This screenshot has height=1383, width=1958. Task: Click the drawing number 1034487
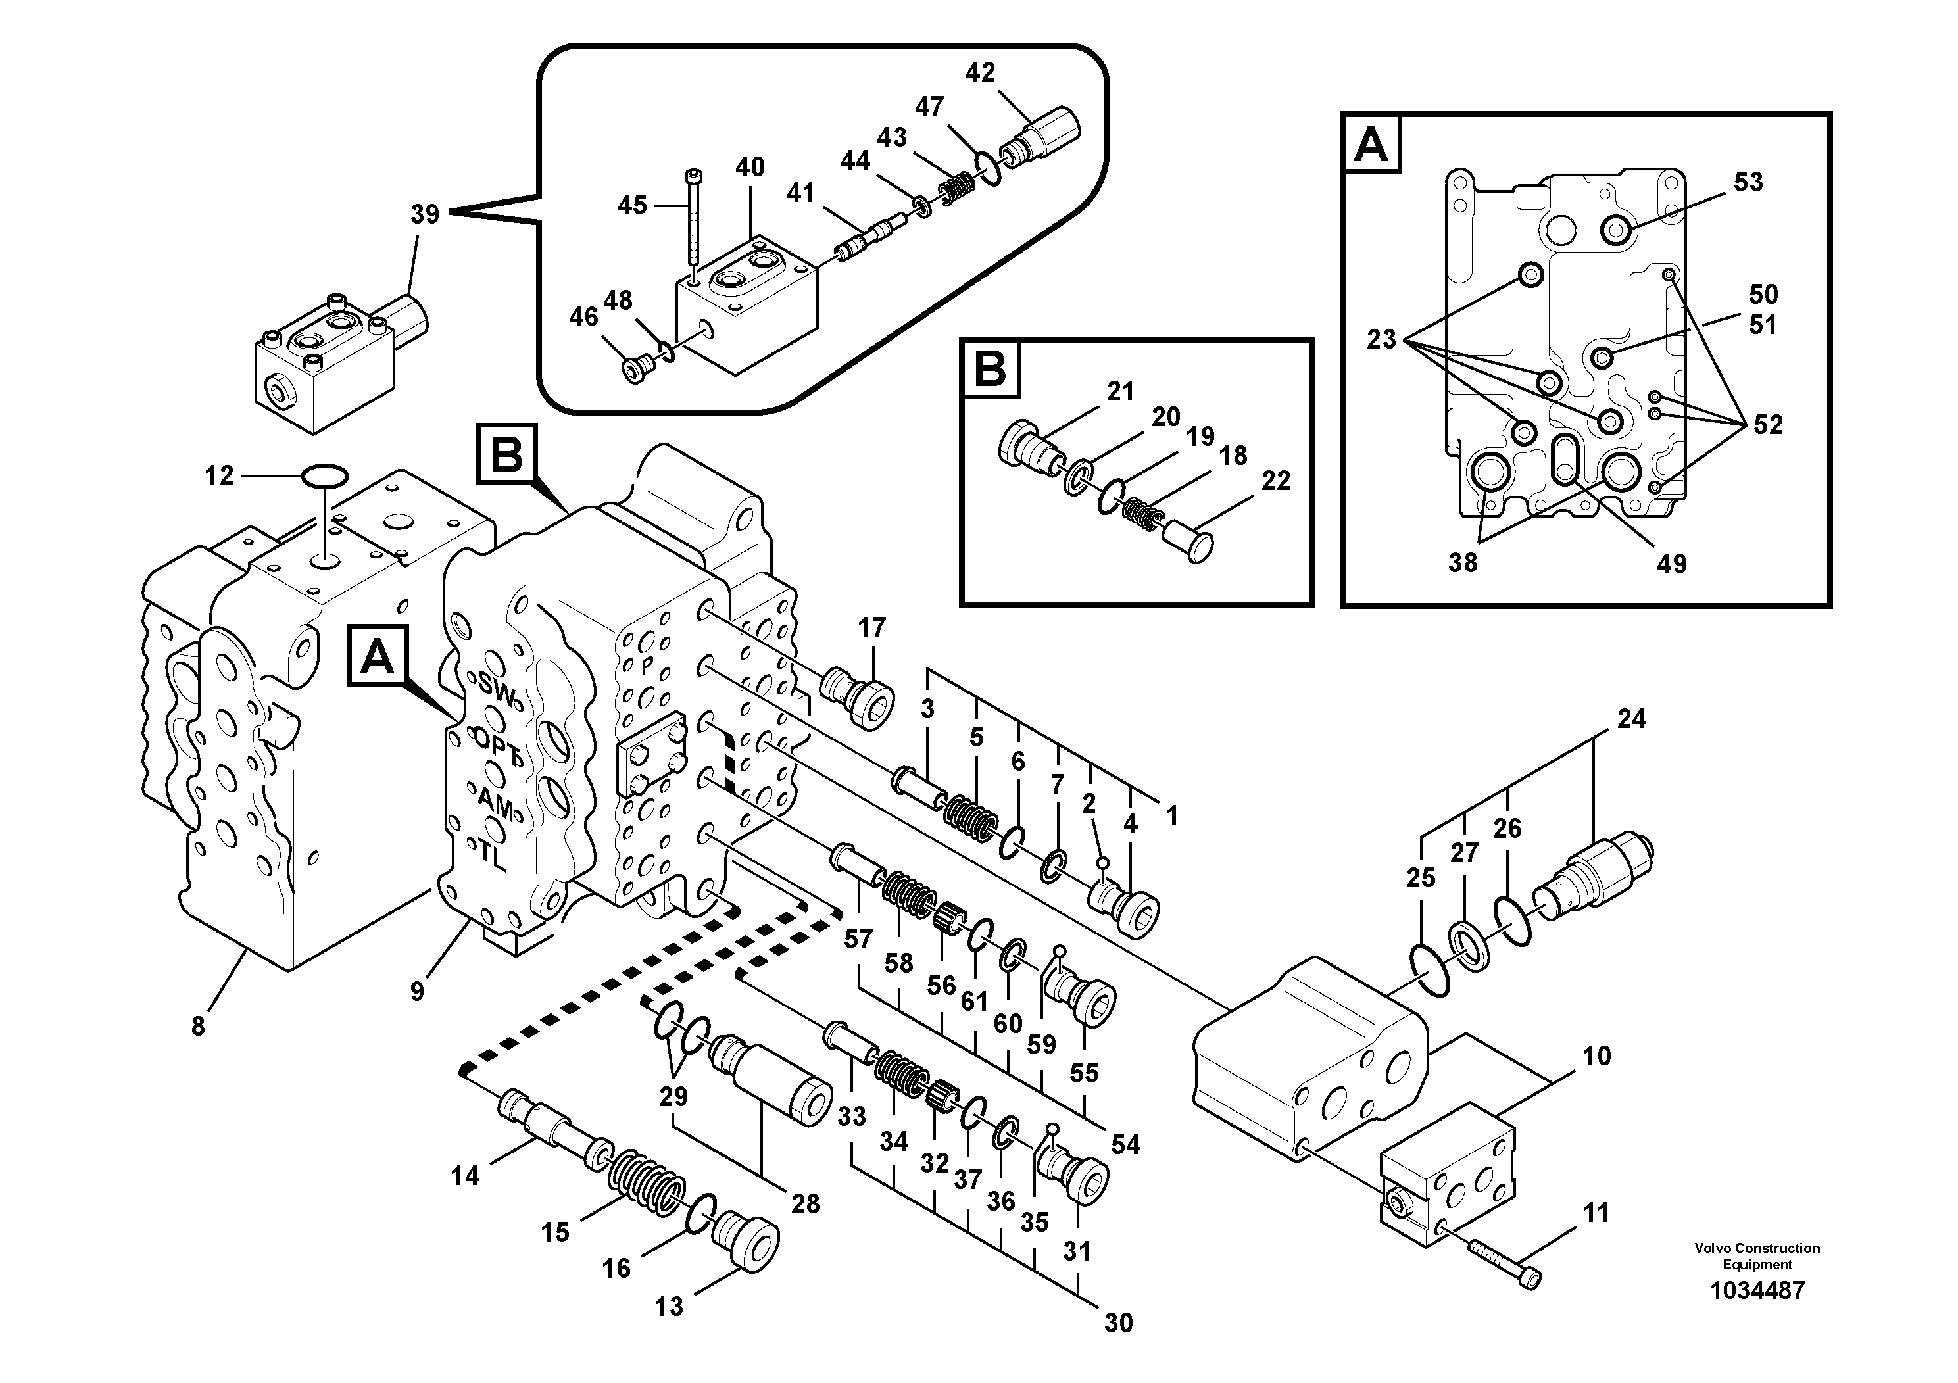pyautogui.click(x=1757, y=1290)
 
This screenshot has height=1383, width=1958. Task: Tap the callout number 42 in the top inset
pyautogui.click(x=980, y=72)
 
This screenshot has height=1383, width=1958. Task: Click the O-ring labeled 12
pyautogui.click(x=325, y=475)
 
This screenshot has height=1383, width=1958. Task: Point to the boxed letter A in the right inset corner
pyautogui.click(x=1371, y=143)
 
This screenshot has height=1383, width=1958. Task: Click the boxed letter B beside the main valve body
pyautogui.click(x=506, y=454)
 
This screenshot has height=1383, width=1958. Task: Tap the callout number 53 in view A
pyautogui.click(x=1748, y=182)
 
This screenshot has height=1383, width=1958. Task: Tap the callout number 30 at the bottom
pyautogui.click(x=1118, y=1323)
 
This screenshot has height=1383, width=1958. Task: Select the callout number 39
pyautogui.click(x=425, y=214)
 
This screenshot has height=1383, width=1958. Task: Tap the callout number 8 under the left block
pyautogui.click(x=198, y=1027)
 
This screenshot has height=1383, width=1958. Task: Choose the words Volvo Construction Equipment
pyautogui.click(x=1757, y=1256)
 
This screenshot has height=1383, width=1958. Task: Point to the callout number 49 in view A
pyautogui.click(x=1671, y=564)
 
